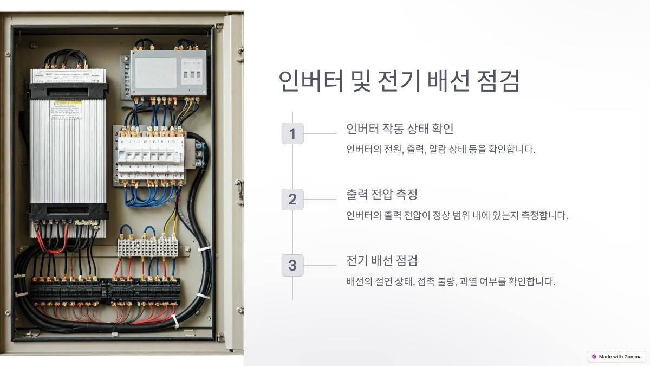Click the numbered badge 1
292,133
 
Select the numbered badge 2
292,200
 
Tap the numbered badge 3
292,266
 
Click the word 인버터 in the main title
311,81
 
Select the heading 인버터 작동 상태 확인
400,129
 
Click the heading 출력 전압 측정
382,195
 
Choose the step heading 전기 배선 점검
382,261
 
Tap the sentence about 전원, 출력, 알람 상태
440,150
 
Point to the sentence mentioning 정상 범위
457,216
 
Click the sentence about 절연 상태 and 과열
451,282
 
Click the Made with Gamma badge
617,357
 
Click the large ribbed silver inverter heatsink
68,157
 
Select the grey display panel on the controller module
156,73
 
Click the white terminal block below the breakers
147,248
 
